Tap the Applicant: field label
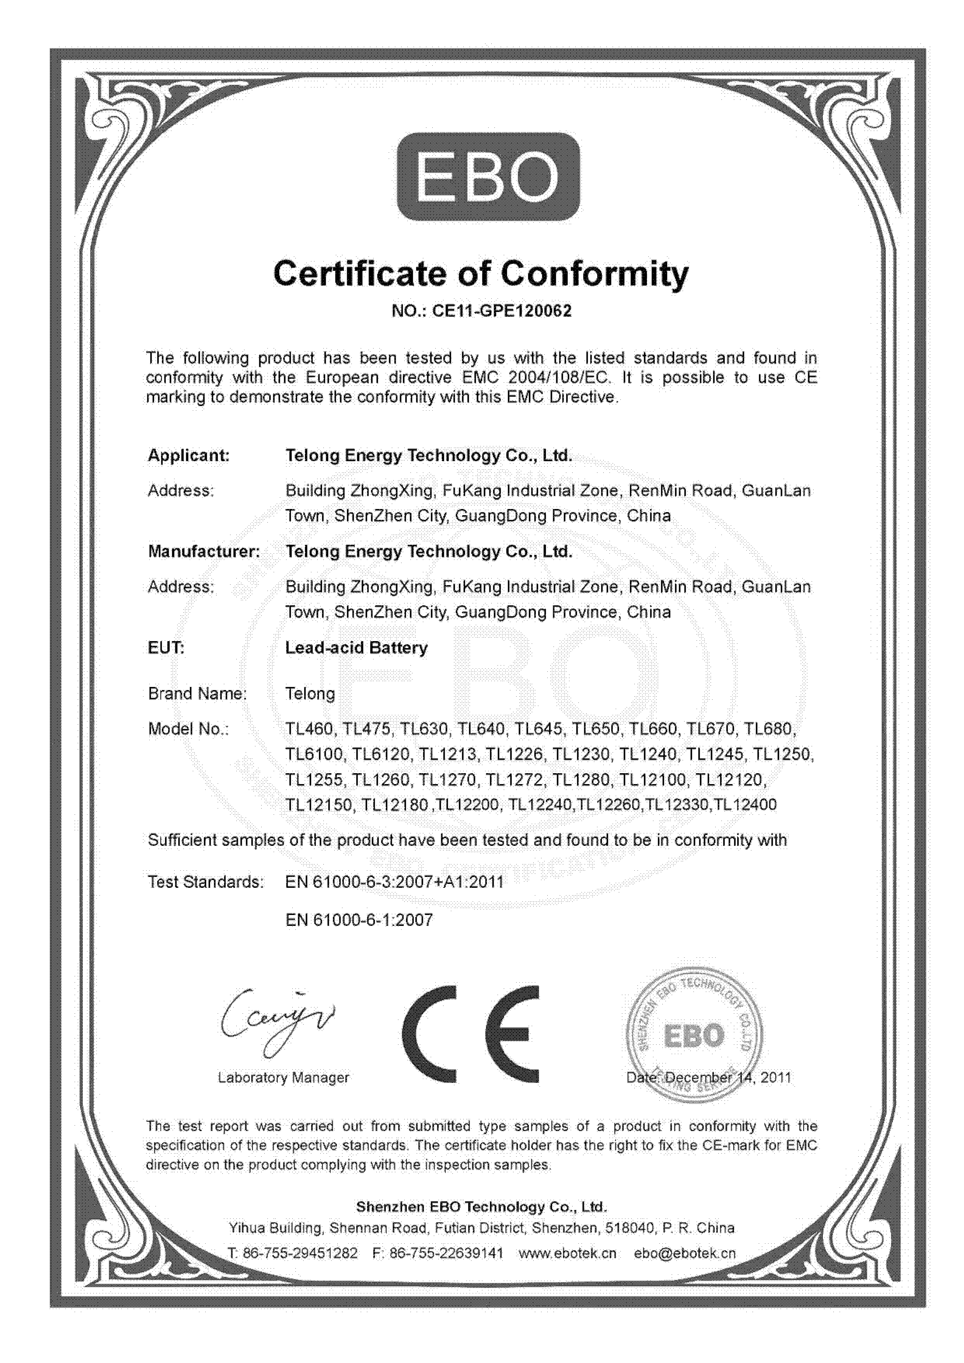[x=188, y=456]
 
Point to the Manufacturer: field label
[x=204, y=551]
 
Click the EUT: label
[x=166, y=648]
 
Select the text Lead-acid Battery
[x=356, y=648]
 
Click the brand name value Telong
[x=310, y=694]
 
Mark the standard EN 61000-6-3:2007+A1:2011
[x=395, y=882]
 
